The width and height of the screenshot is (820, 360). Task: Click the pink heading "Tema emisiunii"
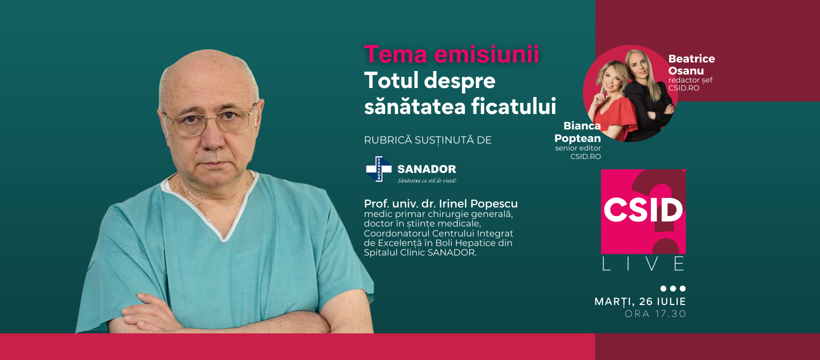(451, 54)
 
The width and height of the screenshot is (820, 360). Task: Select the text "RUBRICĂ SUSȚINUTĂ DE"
(427, 140)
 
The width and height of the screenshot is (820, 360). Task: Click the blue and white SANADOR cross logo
(378, 169)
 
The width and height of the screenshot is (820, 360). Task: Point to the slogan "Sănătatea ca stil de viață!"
(426, 180)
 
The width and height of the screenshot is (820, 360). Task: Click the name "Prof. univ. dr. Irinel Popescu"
(440, 203)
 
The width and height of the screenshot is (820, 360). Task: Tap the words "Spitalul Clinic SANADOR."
(420, 252)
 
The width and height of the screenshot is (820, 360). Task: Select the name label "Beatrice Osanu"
(691, 64)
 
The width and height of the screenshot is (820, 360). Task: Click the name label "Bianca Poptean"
(578, 132)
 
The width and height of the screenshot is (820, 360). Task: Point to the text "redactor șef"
(690, 80)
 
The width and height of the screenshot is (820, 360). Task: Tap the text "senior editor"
(577, 148)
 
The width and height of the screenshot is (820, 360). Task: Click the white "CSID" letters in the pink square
(643, 210)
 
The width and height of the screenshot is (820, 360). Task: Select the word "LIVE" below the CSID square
(643, 264)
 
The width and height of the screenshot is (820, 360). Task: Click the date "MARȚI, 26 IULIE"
(640, 301)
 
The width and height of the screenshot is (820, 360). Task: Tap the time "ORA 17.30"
(655, 314)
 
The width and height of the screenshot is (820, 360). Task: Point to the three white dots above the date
(672, 288)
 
